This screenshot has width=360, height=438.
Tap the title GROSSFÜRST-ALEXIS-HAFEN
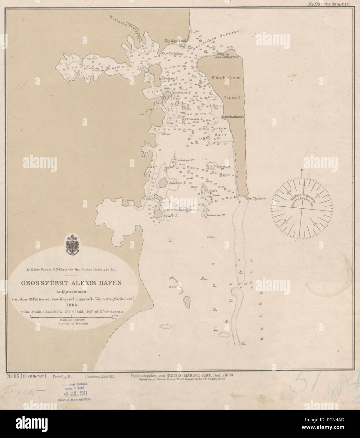(x=71, y=283)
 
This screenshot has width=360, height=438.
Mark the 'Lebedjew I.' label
(x=170, y=78)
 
